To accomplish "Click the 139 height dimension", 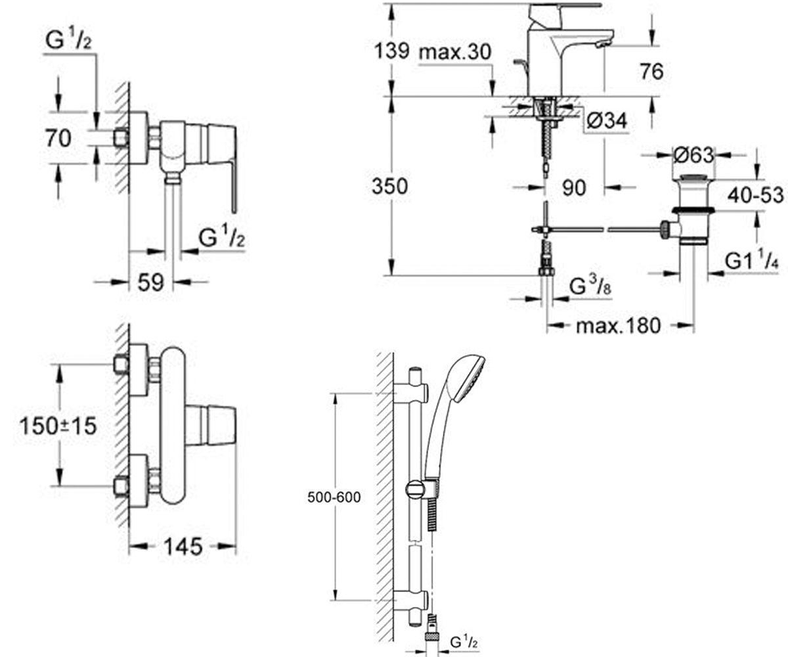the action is [391, 51].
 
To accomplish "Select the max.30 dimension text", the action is [455, 51].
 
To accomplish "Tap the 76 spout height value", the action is [652, 72].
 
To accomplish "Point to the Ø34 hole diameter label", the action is [607, 121].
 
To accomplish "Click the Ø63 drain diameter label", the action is [693, 155].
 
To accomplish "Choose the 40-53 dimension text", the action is [755, 195].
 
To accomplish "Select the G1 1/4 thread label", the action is [751, 260].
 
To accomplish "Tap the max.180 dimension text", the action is [618, 325].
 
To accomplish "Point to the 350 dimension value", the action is [390, 186].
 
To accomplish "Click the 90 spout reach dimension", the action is [574, 187].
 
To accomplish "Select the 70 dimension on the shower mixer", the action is [58, 138].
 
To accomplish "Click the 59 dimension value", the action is [151, 282].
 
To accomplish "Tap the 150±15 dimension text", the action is [58, 426].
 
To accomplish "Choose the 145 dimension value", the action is [183, 547].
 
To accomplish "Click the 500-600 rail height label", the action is [334, 497].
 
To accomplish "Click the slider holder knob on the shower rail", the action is [415, 489].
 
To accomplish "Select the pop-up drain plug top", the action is [693, 177].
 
